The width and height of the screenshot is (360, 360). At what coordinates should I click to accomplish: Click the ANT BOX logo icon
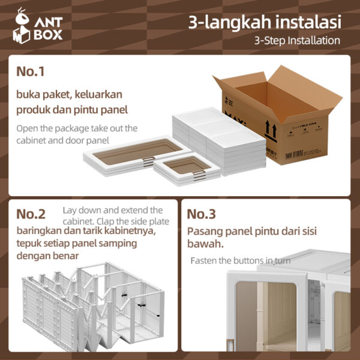point(23,27)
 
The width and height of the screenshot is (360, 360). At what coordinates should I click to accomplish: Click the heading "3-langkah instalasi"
point(265,23)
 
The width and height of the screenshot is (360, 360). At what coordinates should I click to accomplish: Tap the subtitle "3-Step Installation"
point(297,41)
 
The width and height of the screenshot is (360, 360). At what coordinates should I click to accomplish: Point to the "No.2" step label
point(31,214)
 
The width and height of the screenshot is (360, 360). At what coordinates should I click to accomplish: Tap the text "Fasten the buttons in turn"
point(239,260)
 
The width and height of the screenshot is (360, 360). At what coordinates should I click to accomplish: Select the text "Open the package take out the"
point(77,128)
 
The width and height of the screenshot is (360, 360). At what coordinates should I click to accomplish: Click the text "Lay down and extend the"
point(112,210)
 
